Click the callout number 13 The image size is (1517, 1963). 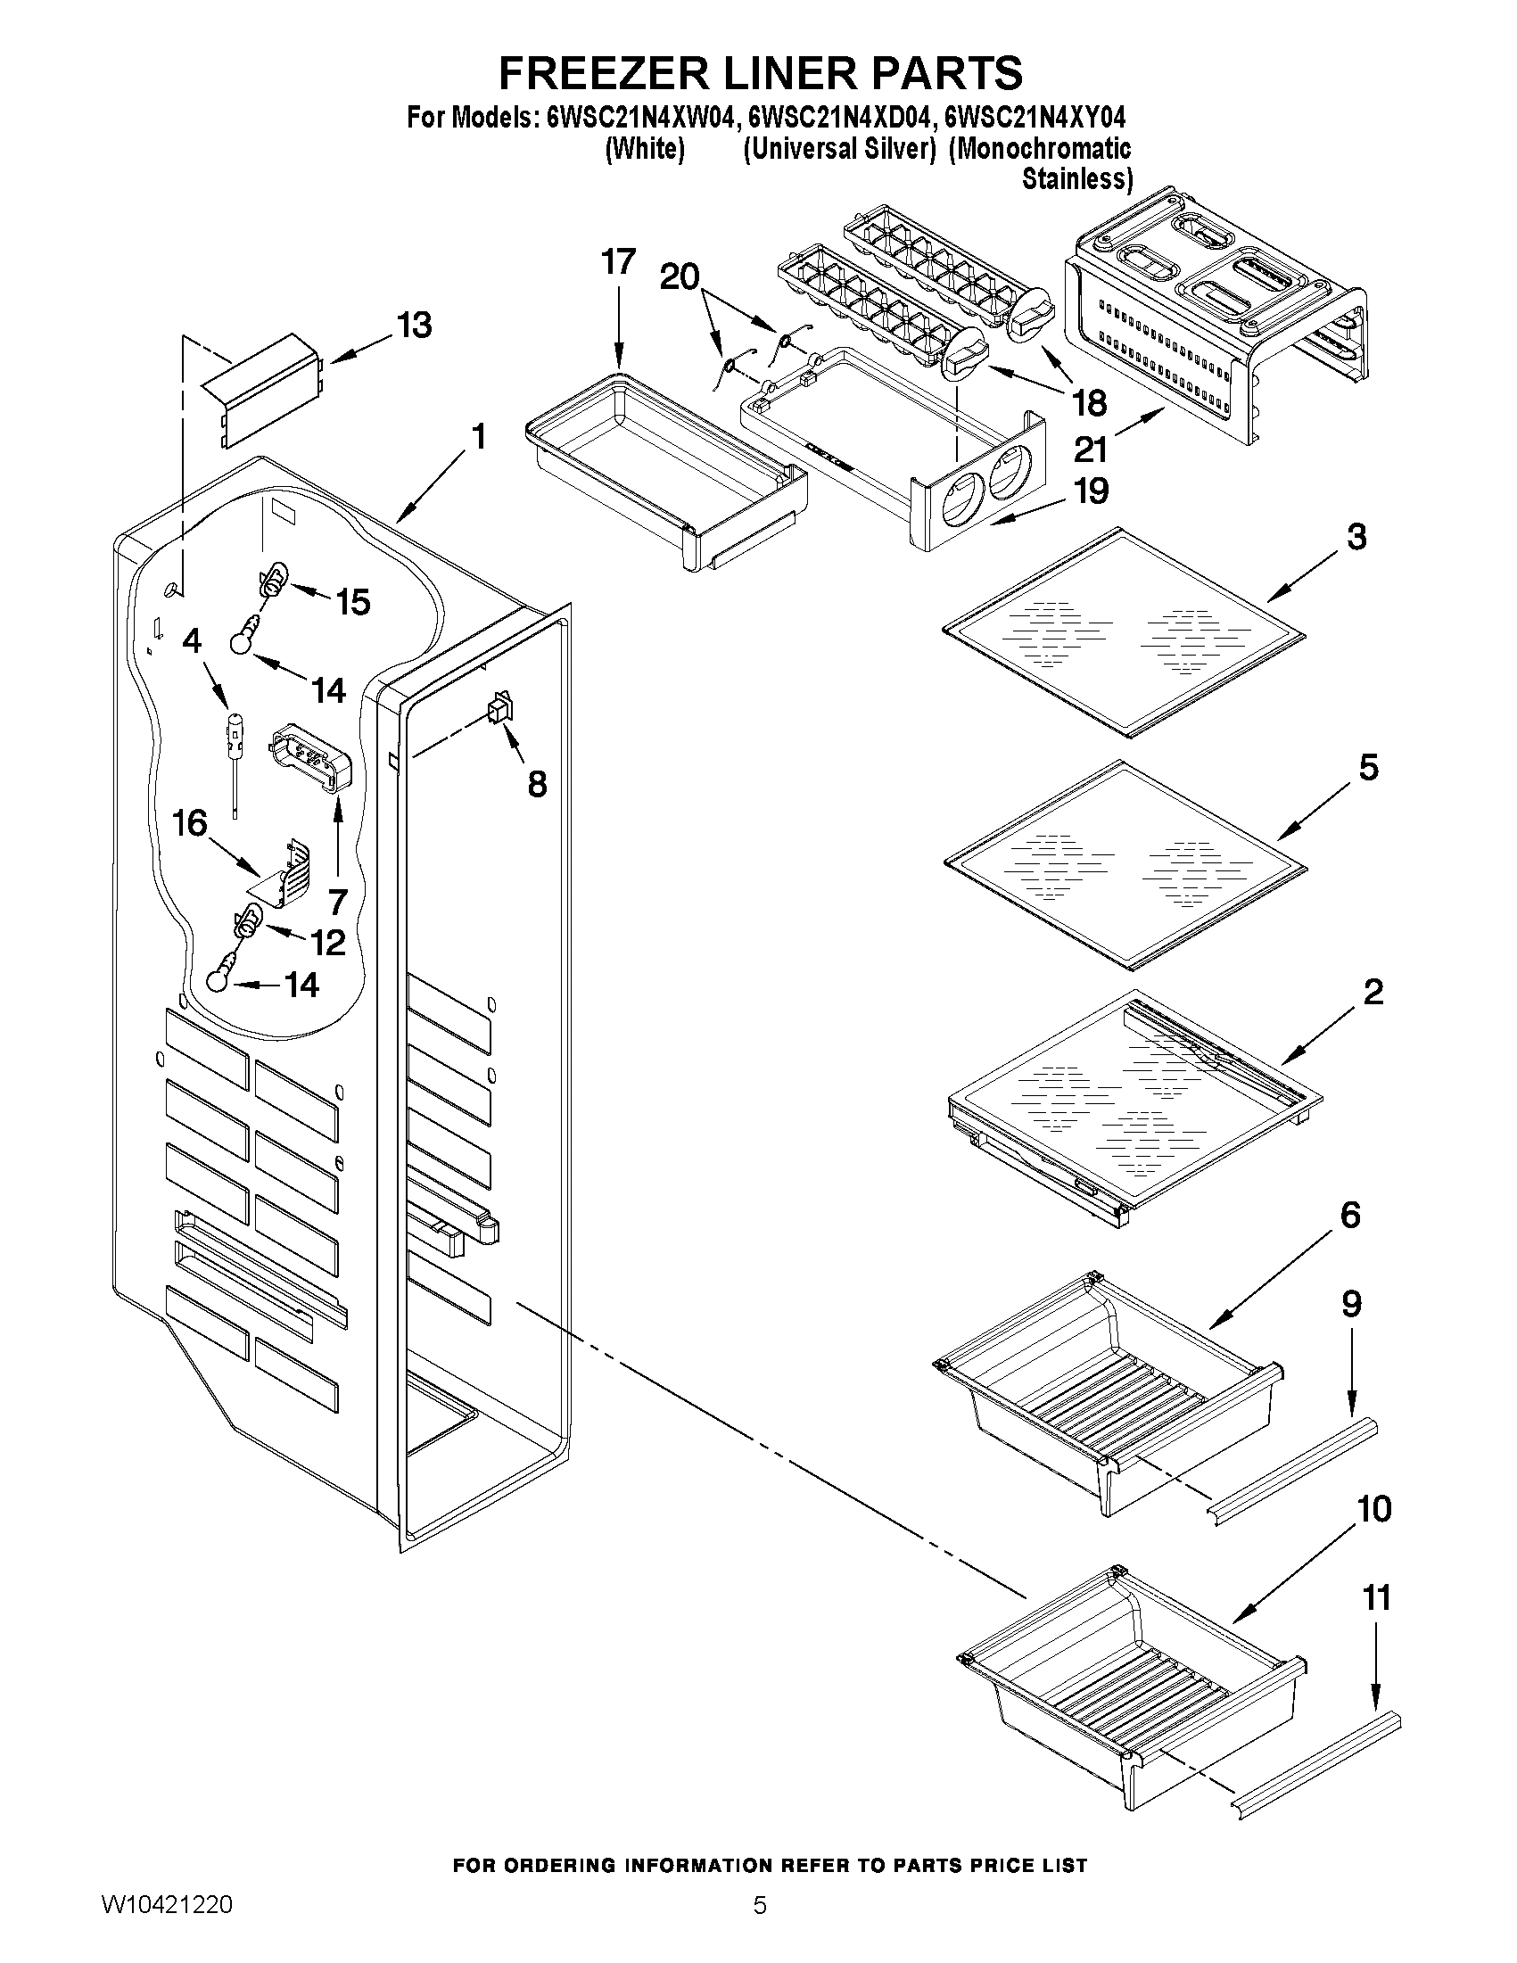point(415,326)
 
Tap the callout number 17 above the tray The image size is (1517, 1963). point(618,262)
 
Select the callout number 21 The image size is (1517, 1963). point(1090,449)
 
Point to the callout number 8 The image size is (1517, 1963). point(537,785)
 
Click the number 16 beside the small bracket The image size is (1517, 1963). point(190,822)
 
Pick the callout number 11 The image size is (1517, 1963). point(1377,1597)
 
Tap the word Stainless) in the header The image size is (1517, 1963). point(1076,179)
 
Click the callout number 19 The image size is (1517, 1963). point(1092,491)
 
